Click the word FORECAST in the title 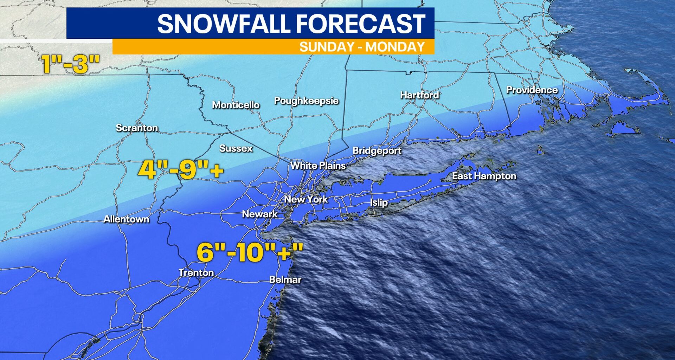[360, 24]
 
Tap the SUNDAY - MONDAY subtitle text [362, 47]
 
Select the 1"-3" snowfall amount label [71, 64]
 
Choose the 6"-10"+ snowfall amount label [250, 252]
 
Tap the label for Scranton [137, 128]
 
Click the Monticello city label [236, 105]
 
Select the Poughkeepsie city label [306, 101]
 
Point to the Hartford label [419, 95]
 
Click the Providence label [532, 90]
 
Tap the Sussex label [236, 148]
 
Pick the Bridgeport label [377, 150]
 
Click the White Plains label [318, 165]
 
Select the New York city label [306, 199]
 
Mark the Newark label [260, 214]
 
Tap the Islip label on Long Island [379, 202]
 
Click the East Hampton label [484, 176]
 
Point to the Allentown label [126, 219]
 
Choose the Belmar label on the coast [285, 279]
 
